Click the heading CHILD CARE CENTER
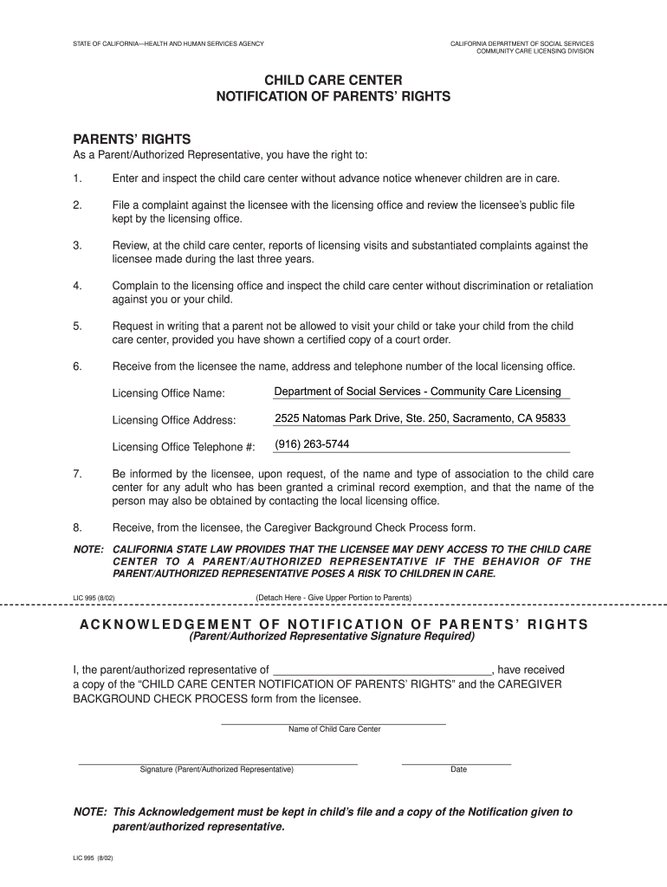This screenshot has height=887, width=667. coord(333,80)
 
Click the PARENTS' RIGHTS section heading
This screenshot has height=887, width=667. coord(132,139)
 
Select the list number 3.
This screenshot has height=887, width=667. coord(77,246)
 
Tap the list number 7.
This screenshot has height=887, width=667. coord(77,474)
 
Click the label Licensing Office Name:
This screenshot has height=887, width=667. coord(169,394)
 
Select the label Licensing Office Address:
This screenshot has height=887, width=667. coord(174,420)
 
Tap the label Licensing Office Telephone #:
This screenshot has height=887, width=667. coord(184,447)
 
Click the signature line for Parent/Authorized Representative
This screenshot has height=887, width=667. coord(217,763)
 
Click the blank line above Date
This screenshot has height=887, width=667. coord(457,763)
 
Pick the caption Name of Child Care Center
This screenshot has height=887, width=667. coord(334,729)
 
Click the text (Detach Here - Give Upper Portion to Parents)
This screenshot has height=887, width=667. coord(333,597)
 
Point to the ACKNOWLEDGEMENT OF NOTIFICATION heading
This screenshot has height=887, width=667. coord(333,625)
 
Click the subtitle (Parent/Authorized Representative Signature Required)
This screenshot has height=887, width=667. coord(333,637)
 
